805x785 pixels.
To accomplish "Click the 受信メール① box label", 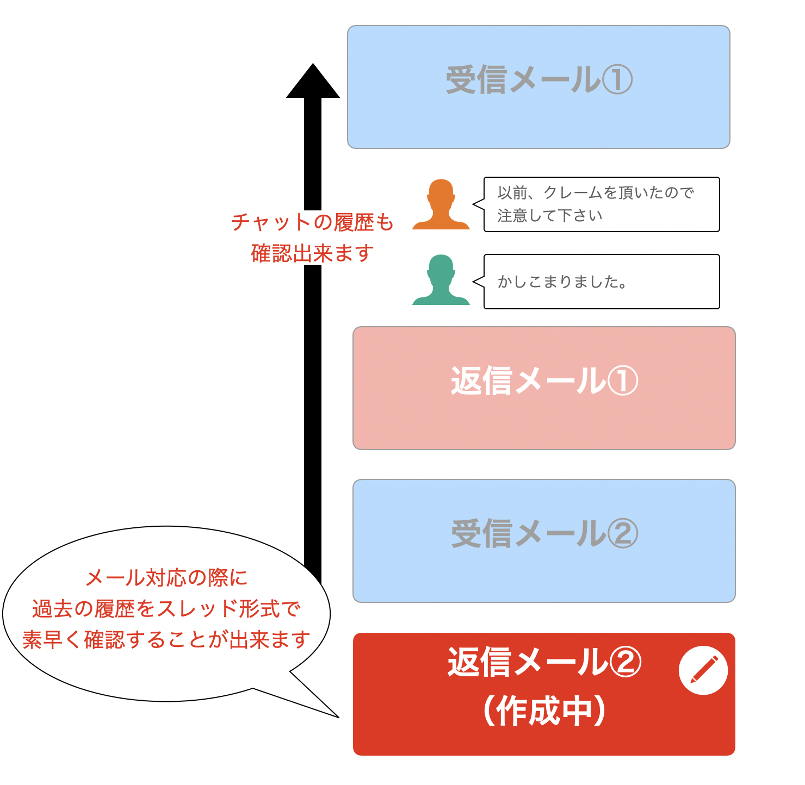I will pyautogui.click(x=538, y=80).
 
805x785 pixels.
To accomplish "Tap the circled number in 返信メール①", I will pyautogui.click(x=622, y=381).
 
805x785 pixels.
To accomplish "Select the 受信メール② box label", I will pyautogui.click(x=544, y=534).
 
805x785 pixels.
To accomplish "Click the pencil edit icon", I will pyautogui.click(x=703, y=670).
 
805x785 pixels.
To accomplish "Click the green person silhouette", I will pyautogui.click(x=441, y=281).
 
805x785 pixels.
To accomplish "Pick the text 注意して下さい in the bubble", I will pyautogui.click(x=550, y=216).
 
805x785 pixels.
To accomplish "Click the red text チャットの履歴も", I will pyautogui.click(x=312, y=222).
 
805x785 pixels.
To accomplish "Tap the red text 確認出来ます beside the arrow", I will pyautogui.click(x=312, y=253).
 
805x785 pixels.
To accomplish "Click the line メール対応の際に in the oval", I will pyautogui.click(x=166, y=578).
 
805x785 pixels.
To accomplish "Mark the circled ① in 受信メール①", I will pyautogui.click(x=617, y=80).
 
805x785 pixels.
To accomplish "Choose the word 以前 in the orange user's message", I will pyautogui.click(x=512, y=193).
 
